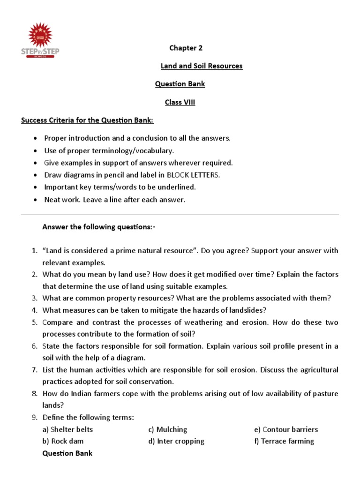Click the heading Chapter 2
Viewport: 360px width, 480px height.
[x=186, y=48]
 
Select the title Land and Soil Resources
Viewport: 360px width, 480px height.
[x=202, y=66]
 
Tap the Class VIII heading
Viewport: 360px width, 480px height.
[x=180, y=102]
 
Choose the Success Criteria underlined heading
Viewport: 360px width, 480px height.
[x=87, y=120]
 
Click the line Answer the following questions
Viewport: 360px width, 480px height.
[x=98, y=227]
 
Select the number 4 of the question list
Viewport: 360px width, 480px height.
[x=35, y=310]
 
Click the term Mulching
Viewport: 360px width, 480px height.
[x=172, y=429]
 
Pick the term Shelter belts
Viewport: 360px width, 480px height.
[x=67, y=429]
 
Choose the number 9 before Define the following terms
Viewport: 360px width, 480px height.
[x=35, y=418]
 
